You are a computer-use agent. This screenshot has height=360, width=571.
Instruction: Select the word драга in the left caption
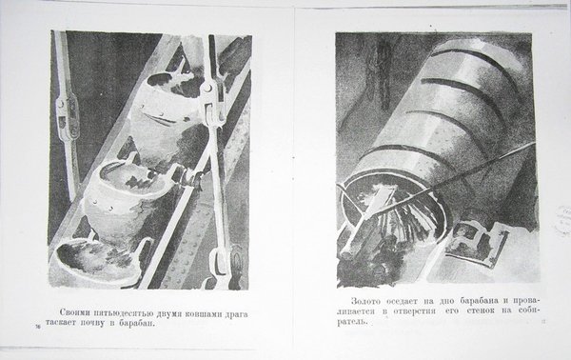click(x=237, y=315)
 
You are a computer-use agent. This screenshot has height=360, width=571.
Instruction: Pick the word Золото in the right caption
click(x=366, y=301)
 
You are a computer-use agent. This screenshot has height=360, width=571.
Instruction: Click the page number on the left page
click(x=37, y=326)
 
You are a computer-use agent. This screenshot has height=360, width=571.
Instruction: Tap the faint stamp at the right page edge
click(x=562, y=219)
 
